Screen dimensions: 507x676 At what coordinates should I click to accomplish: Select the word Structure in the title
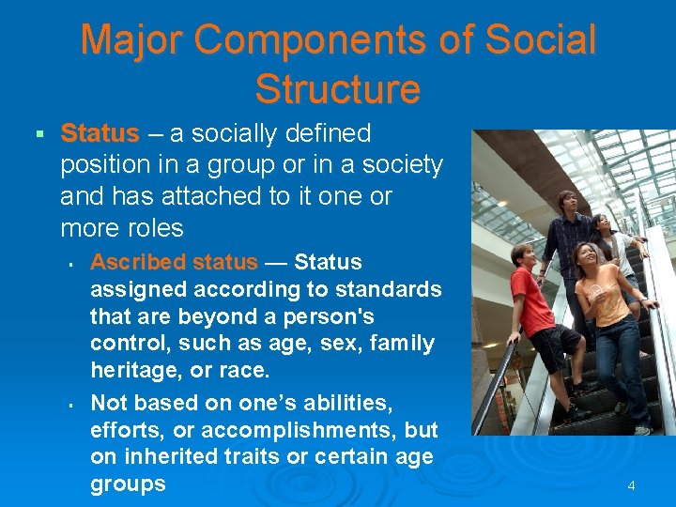point(337,89)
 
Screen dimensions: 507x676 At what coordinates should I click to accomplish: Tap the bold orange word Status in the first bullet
point(100,133)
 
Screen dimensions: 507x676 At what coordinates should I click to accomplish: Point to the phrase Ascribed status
point(174,261)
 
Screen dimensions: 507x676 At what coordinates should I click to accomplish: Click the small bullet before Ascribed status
point(71,262)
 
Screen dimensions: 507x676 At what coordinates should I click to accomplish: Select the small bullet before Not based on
point(71,403)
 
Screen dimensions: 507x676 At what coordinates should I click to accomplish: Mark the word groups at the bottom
point(128,484)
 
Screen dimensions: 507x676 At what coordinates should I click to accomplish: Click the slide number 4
point(631,485)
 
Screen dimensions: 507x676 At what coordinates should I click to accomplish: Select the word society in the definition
point(396,165)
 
